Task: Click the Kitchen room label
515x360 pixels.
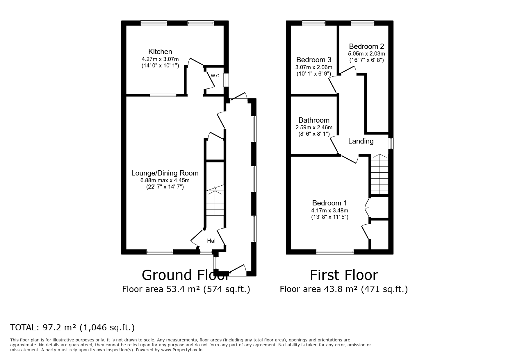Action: [160, 52]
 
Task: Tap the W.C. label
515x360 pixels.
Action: [215, 76]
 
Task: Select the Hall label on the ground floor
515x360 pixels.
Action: [212, 241]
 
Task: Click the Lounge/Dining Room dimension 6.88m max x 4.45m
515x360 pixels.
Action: [165, 180]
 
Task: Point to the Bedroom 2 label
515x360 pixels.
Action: [366, 46]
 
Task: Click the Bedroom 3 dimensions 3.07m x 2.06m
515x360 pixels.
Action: [313, 67]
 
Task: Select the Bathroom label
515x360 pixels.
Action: [314, 120]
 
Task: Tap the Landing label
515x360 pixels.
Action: [361, 141]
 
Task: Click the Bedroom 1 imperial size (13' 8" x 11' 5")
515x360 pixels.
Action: [329, 217]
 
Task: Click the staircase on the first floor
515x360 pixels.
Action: [380, 174]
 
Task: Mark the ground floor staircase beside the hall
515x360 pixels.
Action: [215, 203]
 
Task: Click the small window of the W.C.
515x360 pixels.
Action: [226, 80]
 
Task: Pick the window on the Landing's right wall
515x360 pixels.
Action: [391, 143]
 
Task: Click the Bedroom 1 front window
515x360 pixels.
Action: [335, 252]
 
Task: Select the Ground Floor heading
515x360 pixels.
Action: [185, 275]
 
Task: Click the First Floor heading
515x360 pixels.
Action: [344, 275]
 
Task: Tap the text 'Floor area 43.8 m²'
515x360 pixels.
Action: [319, 289]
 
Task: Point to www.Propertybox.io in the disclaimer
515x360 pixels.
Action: [182, 350]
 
